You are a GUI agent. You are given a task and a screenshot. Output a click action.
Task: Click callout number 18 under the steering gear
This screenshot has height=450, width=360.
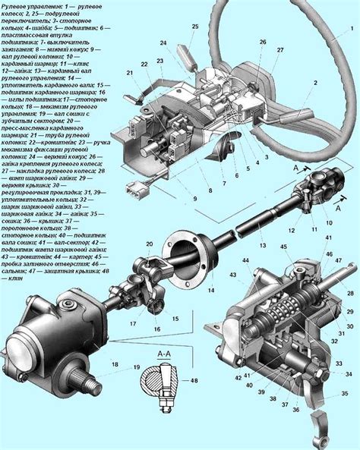click(115, 366)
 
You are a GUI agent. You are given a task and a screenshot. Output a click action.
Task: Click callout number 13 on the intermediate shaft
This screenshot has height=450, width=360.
click(261, 245)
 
